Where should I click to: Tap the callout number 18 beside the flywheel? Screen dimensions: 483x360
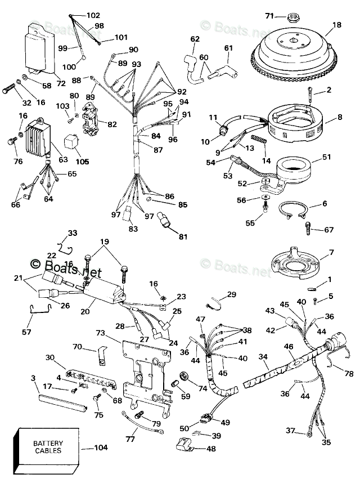pos(336,25)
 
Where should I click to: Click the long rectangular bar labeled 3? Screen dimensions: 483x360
pos(62,400)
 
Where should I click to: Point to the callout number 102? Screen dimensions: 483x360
pos(93,15)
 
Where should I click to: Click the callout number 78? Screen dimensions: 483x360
pos(348,374)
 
